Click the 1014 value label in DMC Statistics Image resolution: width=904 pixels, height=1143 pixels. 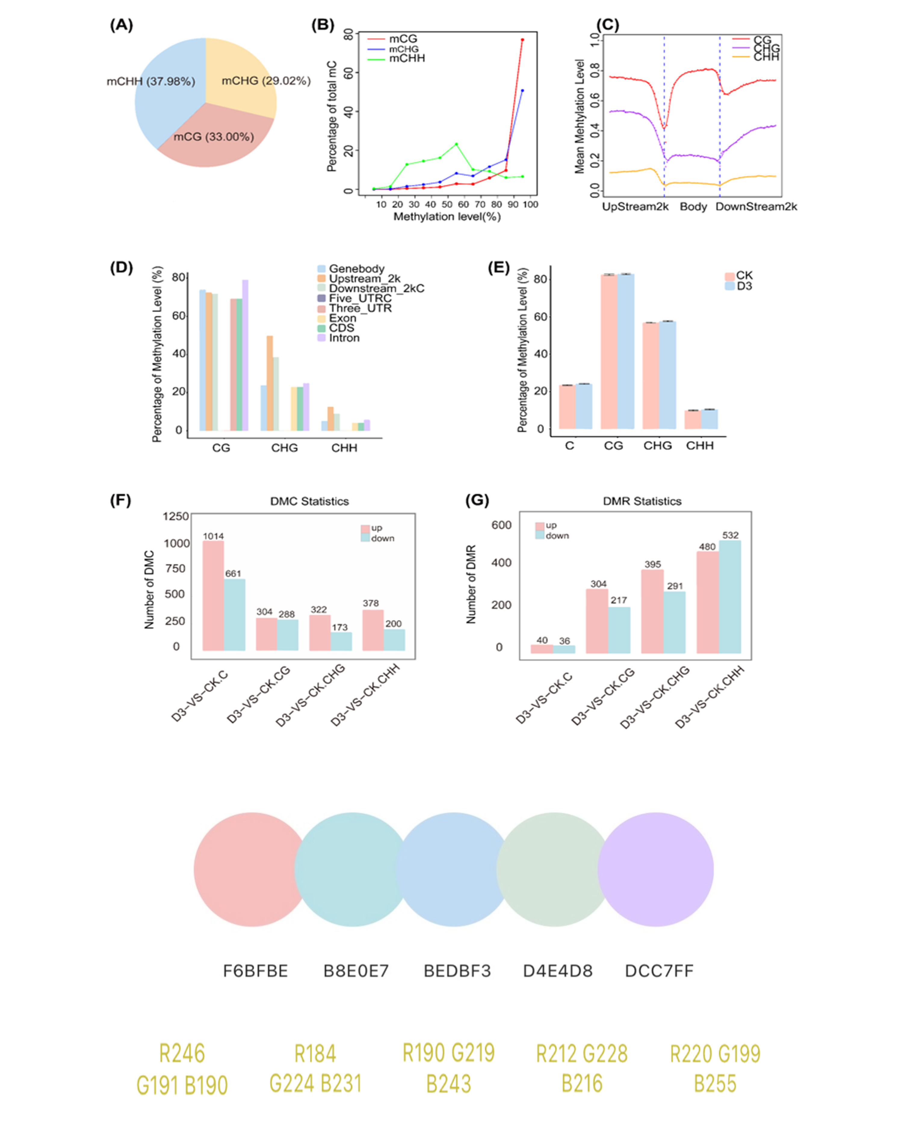coord(213,536)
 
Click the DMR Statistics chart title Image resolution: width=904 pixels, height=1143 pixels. coord(642,501)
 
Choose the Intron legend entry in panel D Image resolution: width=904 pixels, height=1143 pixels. coord(344,338)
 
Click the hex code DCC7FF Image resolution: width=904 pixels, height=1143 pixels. coord(659,971)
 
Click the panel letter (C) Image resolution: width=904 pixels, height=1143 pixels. coord(608,25)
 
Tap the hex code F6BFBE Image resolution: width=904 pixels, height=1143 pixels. coord(255,971)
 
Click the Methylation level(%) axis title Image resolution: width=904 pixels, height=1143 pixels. coord(447,217)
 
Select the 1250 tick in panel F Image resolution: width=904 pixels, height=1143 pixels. coord(176,516)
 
